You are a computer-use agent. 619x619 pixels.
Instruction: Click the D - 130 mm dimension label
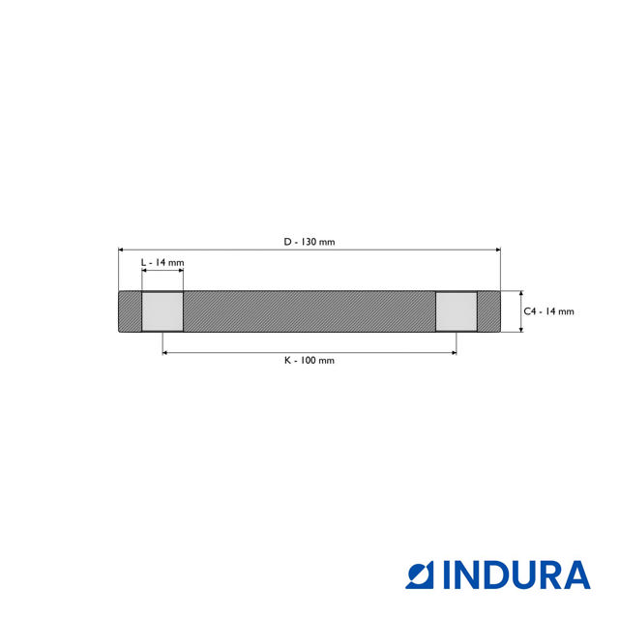coord(309,242)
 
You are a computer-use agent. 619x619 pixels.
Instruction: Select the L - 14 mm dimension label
coord(162,263)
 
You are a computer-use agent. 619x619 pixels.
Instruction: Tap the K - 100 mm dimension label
coord(309,360)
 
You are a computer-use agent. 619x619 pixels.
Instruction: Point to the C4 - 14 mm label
coord(548,311)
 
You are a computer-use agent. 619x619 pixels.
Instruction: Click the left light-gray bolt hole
coord(162,311)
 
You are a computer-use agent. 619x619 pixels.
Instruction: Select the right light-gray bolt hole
coord(456,311)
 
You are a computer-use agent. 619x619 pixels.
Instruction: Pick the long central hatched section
coord(309,311)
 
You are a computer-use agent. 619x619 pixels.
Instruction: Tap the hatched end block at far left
coord(130,311)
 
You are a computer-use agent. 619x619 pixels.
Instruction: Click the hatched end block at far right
coord(488,311)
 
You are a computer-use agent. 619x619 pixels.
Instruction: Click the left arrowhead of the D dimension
coord(121,250)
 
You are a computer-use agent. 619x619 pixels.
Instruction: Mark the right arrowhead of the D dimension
coord(498,250)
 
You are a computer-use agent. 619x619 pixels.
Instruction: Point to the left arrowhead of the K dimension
coord(165,353)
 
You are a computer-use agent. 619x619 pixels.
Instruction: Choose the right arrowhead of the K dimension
coord(453,353)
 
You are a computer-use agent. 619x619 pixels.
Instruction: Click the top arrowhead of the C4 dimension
coord(521,294)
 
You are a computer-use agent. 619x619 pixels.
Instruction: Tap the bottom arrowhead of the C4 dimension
coord(521,330)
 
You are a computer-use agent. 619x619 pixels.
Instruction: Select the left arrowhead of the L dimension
coord(144,272)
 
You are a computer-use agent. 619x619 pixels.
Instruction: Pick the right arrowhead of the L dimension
coord(181,272)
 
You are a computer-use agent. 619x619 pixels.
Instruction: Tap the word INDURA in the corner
coord(516,575)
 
